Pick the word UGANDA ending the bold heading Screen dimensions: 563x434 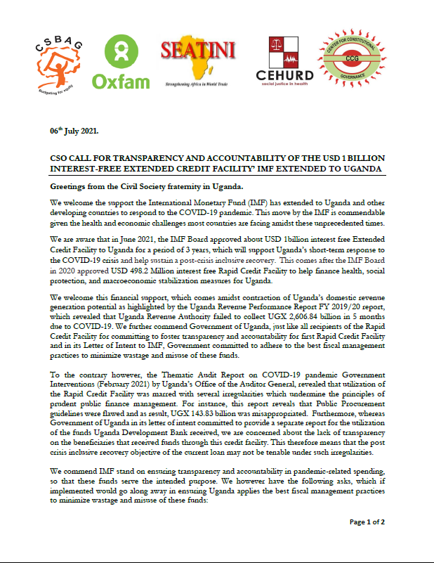(361, 170)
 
